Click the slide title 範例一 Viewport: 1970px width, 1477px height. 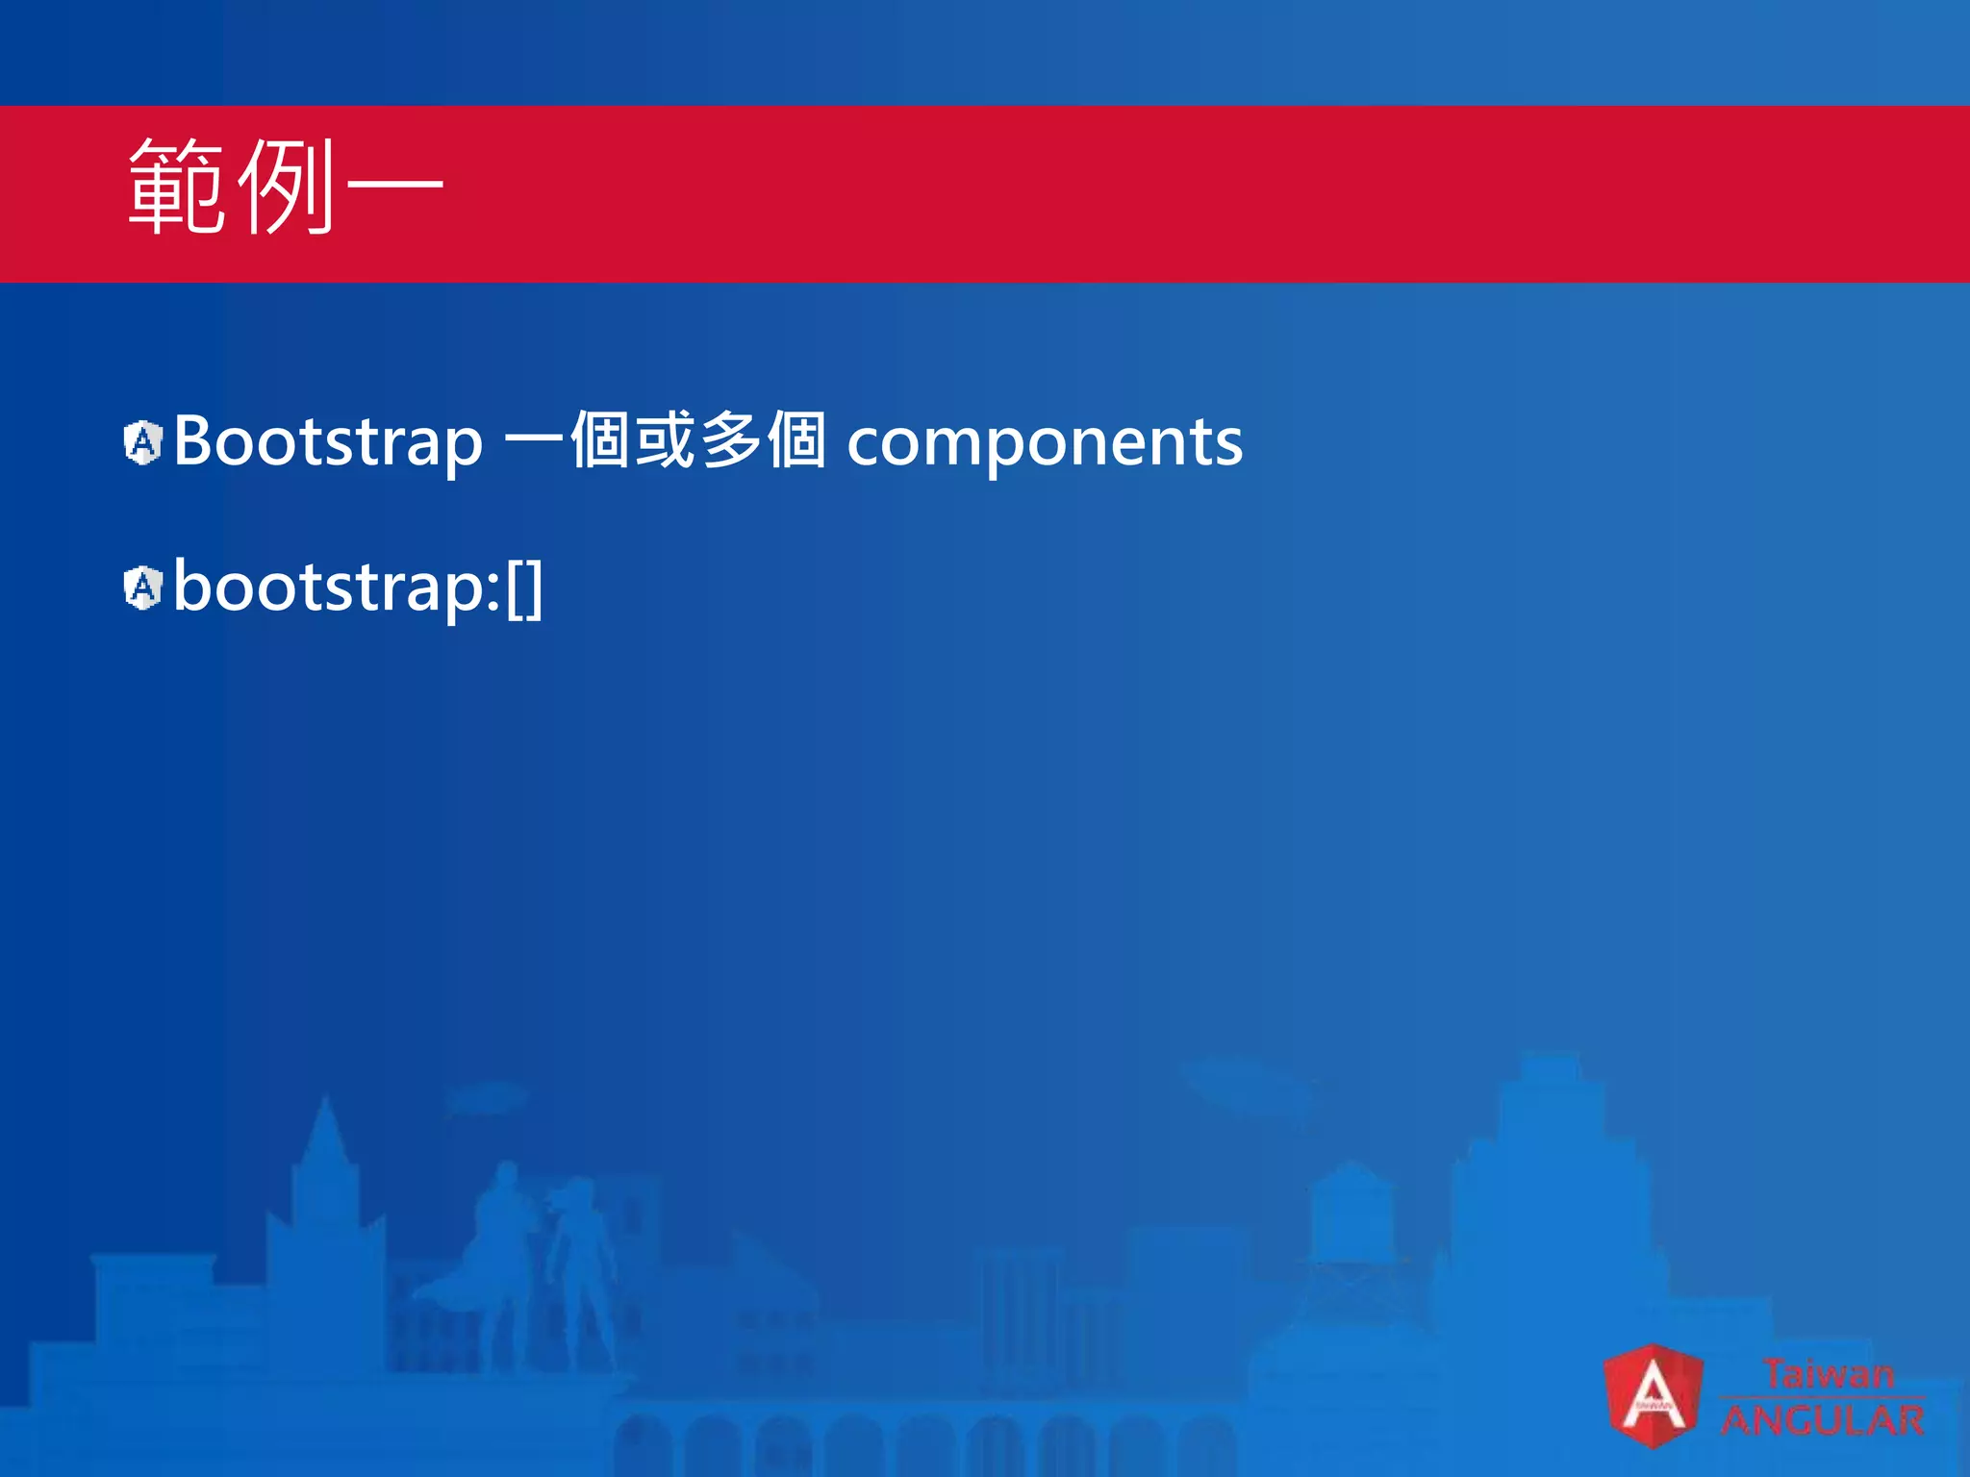285,187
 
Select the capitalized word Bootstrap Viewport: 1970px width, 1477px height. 328,442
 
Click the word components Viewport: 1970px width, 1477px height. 1045,443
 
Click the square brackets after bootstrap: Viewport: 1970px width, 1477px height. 525,588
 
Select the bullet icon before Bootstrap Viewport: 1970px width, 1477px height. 143,442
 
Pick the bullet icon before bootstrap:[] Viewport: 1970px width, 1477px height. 143,588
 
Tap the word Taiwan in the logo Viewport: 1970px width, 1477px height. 1828,1373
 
